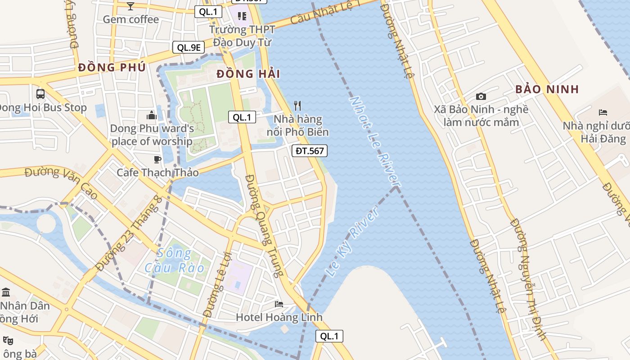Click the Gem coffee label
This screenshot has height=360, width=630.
[130, 19]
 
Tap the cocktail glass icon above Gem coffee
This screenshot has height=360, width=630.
[130, 6]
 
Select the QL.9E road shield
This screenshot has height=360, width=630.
[189, 47]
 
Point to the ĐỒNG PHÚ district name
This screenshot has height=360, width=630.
[112, 67]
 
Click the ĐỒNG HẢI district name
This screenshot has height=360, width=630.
[248, 74]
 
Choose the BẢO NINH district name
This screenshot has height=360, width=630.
[547, 89]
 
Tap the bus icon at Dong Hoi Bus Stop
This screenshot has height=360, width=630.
[40, 94]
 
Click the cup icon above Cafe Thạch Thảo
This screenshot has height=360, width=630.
[157, 159]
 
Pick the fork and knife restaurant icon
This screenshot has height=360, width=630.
[297, 106]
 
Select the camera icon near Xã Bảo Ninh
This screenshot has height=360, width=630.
[481, 96]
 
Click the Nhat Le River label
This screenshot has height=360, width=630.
[375, 141]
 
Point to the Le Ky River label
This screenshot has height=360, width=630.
[351, 243]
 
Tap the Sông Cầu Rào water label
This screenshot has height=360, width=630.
[175, 261]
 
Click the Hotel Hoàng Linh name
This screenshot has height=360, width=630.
[279, 317]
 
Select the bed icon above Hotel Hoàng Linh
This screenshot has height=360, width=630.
[279, 304]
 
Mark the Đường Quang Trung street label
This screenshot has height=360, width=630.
[265, 225]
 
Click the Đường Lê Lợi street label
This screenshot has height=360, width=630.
[217, 284]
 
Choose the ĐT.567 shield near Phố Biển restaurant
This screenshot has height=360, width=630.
[309, 151]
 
